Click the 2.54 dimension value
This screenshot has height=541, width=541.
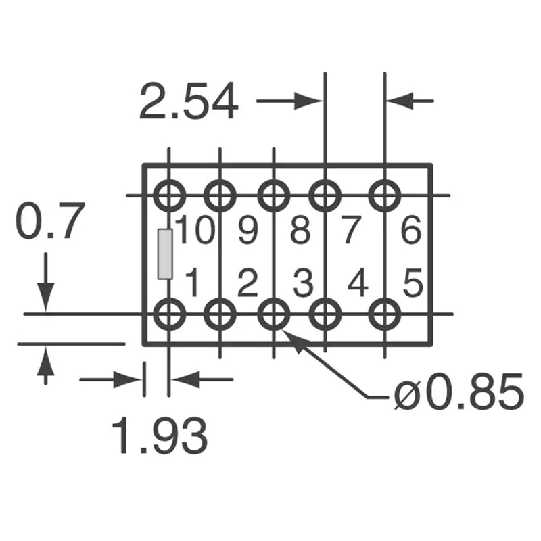pos(189,102)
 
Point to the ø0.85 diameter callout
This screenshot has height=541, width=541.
pos(458,393)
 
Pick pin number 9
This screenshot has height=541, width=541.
pos(248,231)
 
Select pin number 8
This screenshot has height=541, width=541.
pos(300,231)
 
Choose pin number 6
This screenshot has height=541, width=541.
pos(410,231)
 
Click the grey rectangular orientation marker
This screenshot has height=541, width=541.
pos(164,254)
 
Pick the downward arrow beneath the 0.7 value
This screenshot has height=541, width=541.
pos(45,284)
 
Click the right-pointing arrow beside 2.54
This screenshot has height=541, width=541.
pos(291,101)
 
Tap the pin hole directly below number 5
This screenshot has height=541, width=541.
pos(385,314)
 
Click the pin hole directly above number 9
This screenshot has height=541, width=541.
pos(220,196)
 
